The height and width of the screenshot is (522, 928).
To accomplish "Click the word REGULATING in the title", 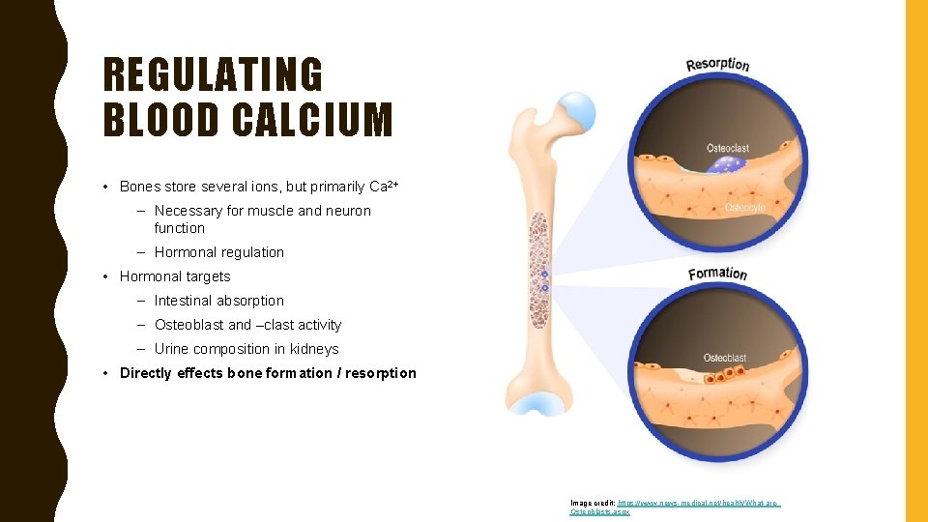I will coord(213,75).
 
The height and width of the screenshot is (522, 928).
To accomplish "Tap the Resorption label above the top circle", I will coord(717,65).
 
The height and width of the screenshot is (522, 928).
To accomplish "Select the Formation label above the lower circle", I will coord(717,274).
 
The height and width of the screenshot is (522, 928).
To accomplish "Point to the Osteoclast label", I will coord(728,148).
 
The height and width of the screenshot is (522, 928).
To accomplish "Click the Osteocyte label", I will coord(745,208).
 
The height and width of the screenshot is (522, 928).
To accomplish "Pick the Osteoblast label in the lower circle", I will coord(725,358).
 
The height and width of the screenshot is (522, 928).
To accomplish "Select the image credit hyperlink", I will coord(676,507).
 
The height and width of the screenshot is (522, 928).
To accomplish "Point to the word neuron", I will coord(348,211).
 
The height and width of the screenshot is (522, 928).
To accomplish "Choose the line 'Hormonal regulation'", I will coord(219,252).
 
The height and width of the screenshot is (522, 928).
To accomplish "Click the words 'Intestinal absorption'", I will coord(219,301).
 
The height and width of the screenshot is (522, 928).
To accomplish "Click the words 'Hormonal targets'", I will coord(175,276).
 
